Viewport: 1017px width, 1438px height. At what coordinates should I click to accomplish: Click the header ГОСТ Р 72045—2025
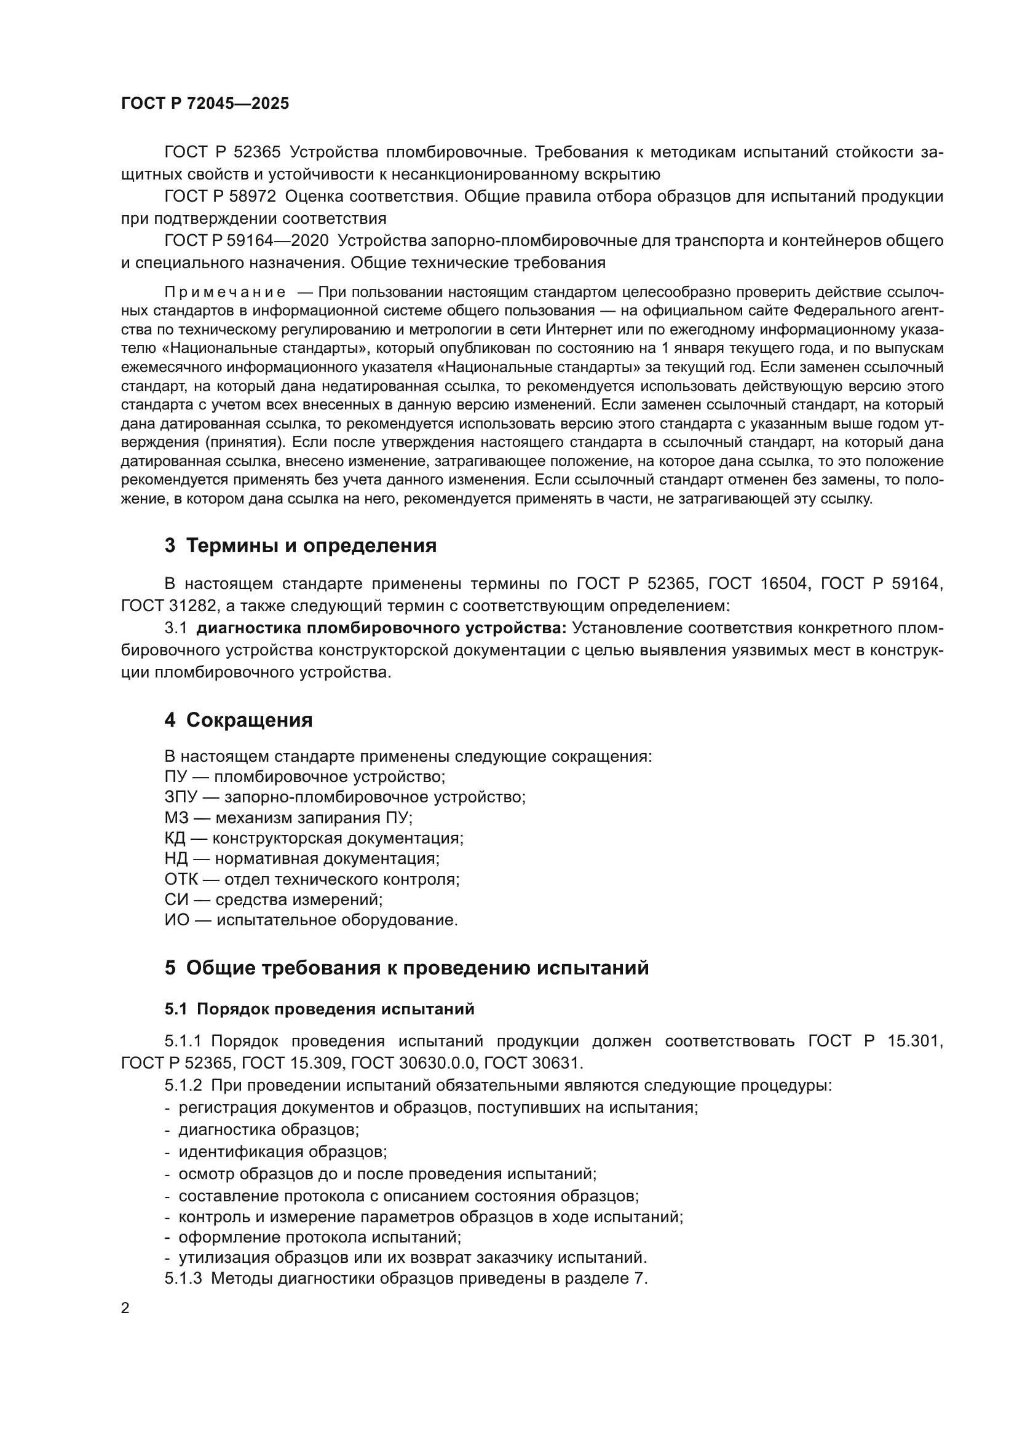tap(205, 103)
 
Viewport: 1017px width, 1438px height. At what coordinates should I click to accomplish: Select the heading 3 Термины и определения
tap(301, 545)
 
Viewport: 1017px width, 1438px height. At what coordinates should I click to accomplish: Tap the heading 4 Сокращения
tap(239, 720)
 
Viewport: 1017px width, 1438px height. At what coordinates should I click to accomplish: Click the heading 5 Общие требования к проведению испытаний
tap(406, 968)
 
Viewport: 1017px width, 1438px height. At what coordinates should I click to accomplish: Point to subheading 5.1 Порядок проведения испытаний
tap(319, 1009)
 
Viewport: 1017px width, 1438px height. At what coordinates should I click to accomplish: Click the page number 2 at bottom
tap(125, 1308)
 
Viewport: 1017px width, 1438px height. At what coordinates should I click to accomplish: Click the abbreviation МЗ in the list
tap(176, 818)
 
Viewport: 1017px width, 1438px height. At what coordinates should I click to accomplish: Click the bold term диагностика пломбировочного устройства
tap(381, 628)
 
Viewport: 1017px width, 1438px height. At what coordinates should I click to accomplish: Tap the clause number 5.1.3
tap(183, 1278)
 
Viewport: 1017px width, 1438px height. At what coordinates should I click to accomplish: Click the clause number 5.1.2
tap(183, 1085)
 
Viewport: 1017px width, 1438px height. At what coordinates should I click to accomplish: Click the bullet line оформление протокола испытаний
tap(319, 1237)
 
